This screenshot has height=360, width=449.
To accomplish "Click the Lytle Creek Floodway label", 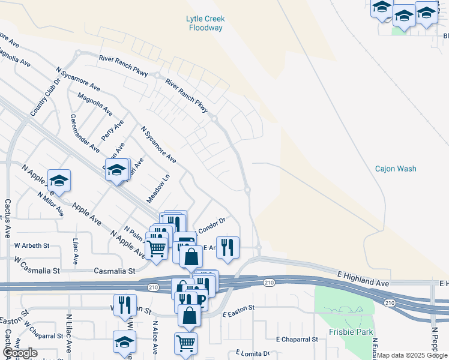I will click(x=205, y=23).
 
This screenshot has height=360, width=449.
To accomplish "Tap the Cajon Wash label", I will click(x=396, y=169).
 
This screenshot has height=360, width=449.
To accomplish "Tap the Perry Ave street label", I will click(x=113, y=130).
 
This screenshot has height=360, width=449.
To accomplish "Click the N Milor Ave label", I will click(x=50, y=204).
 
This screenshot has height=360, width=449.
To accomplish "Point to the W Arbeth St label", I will click(x=32, y=245).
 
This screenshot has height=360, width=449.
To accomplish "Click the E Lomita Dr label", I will click(x=253, y=353).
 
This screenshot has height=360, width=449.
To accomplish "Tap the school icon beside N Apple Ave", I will click(x=59, y=181).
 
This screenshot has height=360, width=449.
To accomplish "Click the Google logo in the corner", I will click(x=19, y=353).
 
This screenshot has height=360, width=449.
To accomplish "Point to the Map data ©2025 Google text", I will click(x=412, y=355).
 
